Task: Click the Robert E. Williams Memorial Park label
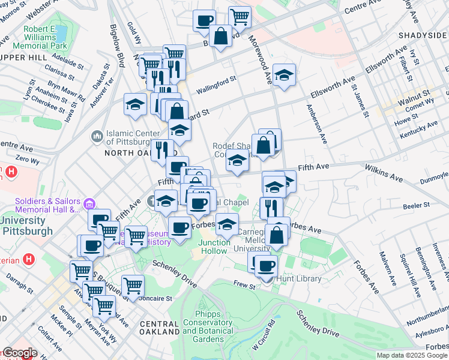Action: coord(46,37)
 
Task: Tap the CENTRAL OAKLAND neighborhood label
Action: coord(159,328)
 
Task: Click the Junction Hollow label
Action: coord(214,247)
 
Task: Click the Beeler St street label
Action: coord(417,205)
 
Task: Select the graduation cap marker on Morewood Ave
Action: coord(284,75)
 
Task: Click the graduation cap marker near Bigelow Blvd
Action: coord(136,103)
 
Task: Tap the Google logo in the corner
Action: coord(20,353)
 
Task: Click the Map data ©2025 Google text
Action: coord(412,355)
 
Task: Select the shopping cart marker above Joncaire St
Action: coord(132,285)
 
